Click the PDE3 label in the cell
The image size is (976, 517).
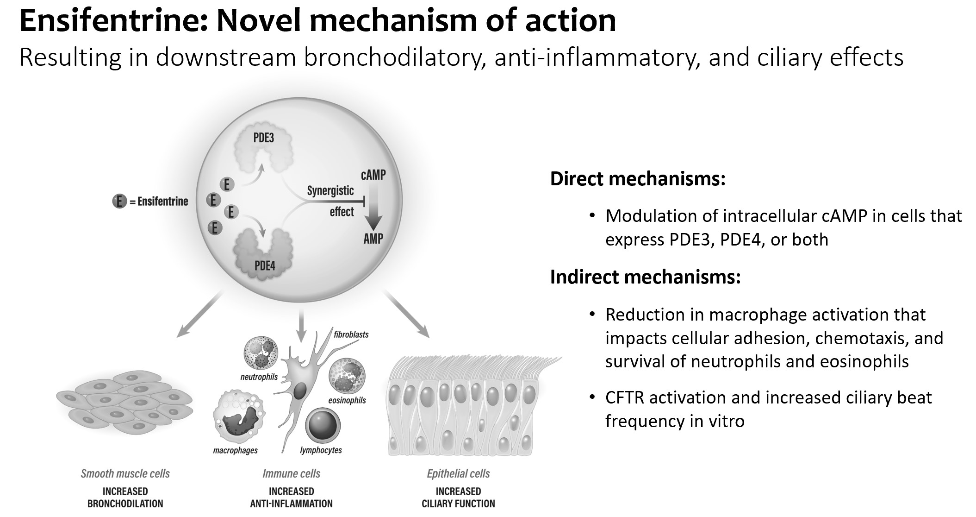(x=264, y=138)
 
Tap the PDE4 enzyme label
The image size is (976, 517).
(x=265, y=265)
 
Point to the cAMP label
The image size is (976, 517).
(x=373, y=175)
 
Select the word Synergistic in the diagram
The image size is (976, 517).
(x=330, y=190)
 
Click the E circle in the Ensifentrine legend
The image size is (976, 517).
(x=119, y=202)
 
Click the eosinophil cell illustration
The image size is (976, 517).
(x=347, y=376)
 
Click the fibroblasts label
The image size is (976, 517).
(x=351, y=334)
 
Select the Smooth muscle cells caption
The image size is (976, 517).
(x=125, y=473)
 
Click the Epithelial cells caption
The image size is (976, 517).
(x=458, y=473)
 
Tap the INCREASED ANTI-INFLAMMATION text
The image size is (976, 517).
(x=292, y=498)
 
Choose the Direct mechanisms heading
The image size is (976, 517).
(x=637, y=179)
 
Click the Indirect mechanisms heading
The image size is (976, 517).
(x=645, y=277)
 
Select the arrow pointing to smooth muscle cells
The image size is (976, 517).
(x=199, y=315)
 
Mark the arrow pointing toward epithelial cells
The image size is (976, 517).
(x=406, y=315)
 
